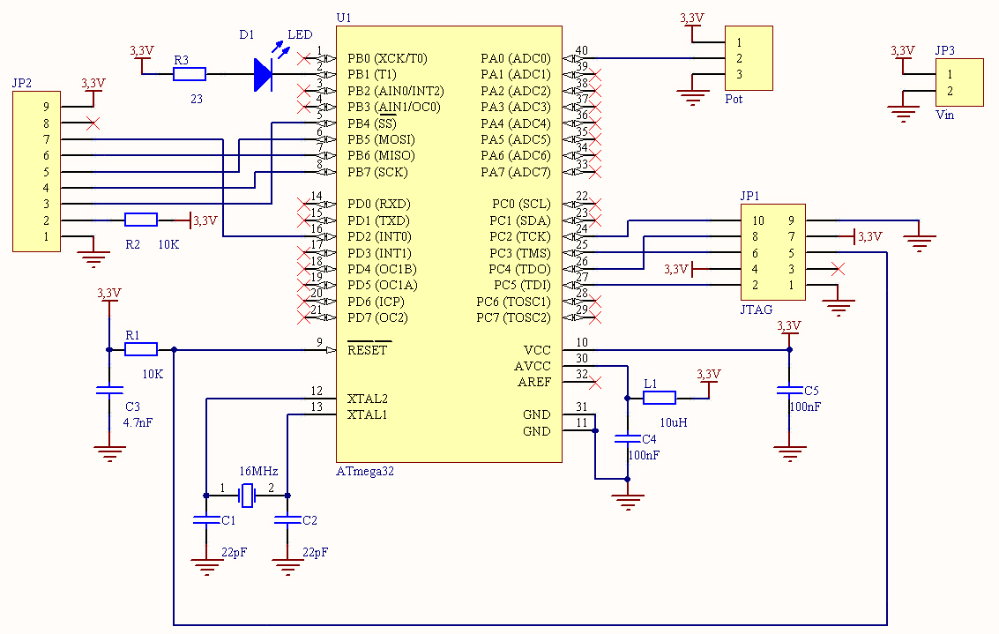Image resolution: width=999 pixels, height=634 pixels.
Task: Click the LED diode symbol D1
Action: click(263, 75)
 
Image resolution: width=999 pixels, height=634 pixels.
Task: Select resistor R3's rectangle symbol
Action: click(190, 75)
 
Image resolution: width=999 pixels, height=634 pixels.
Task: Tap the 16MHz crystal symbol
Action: click(247, 495)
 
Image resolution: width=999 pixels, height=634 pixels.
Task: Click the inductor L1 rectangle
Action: click(660, 399)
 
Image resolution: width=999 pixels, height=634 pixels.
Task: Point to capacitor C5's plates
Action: click(789, 390)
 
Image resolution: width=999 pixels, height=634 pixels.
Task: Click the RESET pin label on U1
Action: click(367, 350)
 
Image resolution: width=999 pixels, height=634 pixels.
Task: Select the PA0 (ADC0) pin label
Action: click(516, 58)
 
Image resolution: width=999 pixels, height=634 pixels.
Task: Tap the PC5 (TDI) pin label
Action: click(522, 285)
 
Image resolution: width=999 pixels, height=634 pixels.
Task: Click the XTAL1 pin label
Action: click(367, 414)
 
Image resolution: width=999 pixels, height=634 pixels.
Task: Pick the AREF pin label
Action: click(534, 383)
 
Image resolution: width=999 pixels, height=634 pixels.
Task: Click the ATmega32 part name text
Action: click(365, 472)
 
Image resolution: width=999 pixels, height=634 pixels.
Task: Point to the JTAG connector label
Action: click(757, 310)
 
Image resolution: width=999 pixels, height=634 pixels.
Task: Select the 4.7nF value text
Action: click(138, 422)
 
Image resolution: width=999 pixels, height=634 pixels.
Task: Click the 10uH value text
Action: click(674, 422)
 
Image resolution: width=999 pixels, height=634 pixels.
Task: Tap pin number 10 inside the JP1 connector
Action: click(757, 220)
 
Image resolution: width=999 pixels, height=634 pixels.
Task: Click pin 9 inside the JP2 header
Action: click(46, 107)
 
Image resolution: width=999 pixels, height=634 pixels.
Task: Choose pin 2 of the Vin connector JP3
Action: click(950, 91)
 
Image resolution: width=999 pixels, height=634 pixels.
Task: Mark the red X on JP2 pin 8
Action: click(93, 123)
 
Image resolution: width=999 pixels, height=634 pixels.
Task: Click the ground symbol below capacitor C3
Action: click(109, 453)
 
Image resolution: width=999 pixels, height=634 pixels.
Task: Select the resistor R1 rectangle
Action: click(141, 349)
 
